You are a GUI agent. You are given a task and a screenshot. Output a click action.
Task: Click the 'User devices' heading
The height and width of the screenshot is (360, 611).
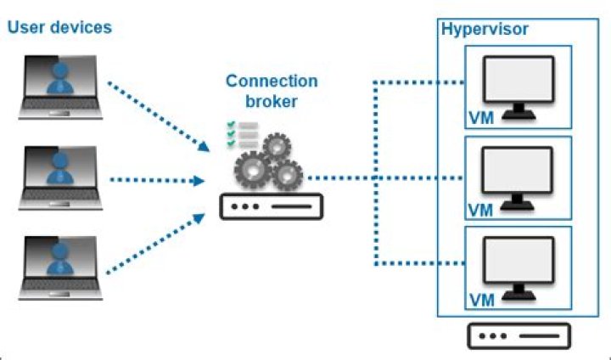[59, 27]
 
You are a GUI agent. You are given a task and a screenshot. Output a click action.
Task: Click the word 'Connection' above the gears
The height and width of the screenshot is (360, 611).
[272, 82]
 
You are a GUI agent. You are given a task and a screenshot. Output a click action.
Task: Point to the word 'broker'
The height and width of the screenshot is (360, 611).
[272, 102]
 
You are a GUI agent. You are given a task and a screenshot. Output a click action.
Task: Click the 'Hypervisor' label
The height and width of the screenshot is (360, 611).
[485, 30]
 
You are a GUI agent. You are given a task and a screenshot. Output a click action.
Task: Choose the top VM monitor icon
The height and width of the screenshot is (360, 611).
[518, 85]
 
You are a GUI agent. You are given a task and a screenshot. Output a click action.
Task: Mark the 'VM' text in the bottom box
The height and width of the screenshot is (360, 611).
[480, 301]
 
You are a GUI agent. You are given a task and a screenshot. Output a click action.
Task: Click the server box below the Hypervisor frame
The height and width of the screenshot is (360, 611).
[519, 336]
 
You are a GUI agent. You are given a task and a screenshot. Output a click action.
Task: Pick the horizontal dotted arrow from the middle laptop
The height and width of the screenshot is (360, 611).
[158, 180]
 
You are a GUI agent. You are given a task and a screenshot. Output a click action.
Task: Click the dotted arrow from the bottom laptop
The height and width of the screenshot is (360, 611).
[158, 245]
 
